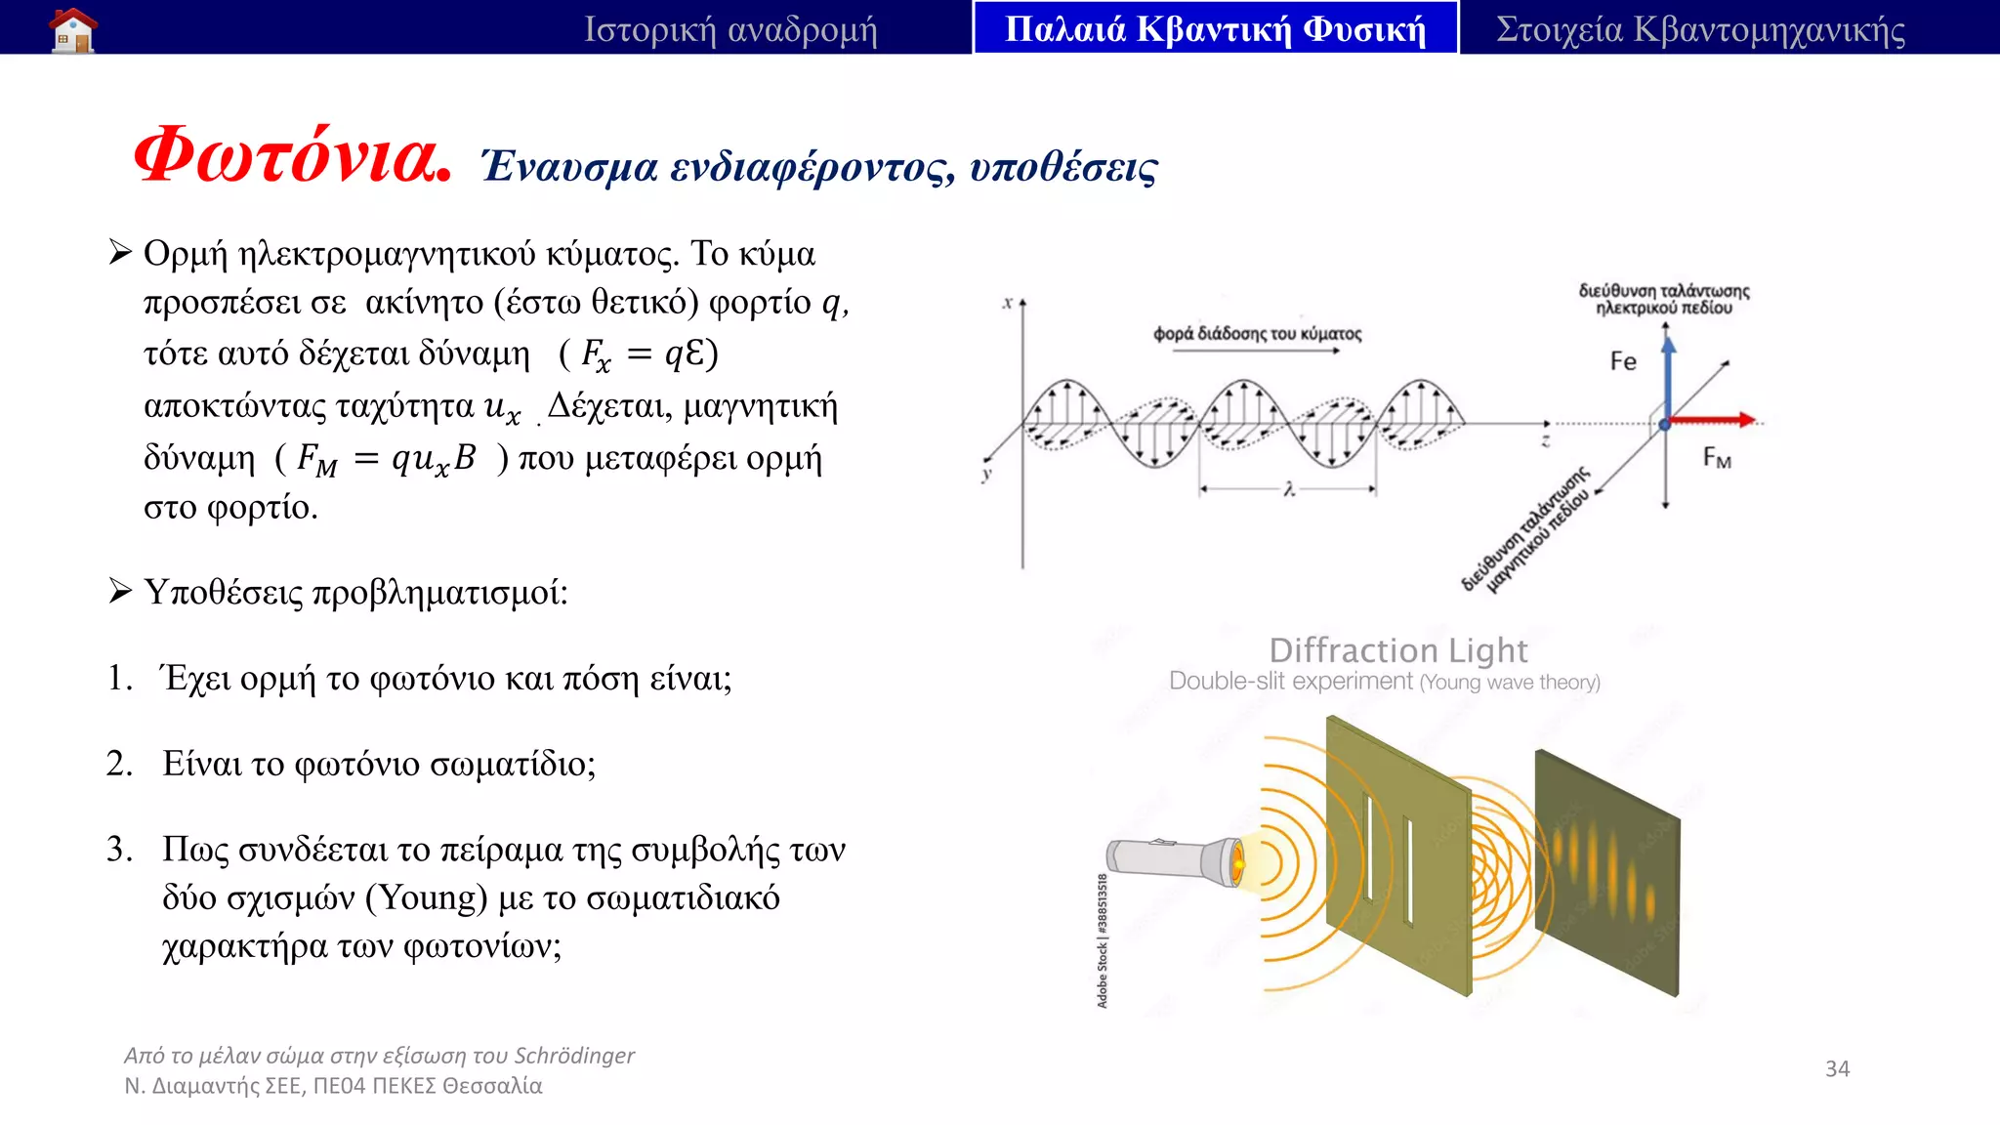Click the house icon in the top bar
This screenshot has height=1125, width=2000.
tap(74, 29)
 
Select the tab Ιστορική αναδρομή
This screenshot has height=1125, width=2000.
tap(730, 29)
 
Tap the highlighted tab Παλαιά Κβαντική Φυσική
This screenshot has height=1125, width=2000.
tap(1215, 29)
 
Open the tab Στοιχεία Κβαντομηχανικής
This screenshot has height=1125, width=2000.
tap(1700, 29)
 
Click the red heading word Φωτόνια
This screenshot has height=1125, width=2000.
tap(292, 157)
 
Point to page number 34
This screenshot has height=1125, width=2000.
tap(1837, 1068)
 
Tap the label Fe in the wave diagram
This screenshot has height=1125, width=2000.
tap(1623, 361)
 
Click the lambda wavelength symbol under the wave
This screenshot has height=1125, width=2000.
tap(1289, 489)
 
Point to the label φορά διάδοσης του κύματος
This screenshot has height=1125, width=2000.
tap(1257, 334)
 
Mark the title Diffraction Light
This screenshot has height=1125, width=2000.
tap(1397, 650)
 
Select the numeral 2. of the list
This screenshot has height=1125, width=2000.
tap(119, 764)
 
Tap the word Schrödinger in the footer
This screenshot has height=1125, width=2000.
tap(574, 1056)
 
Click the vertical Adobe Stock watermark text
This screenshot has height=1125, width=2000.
tap(1103, 940)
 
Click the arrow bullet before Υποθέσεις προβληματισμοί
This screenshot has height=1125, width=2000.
tap(120, 592)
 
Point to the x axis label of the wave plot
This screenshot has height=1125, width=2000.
tap(1007, 303)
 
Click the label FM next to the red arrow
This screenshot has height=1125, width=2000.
tap(1716, 457)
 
